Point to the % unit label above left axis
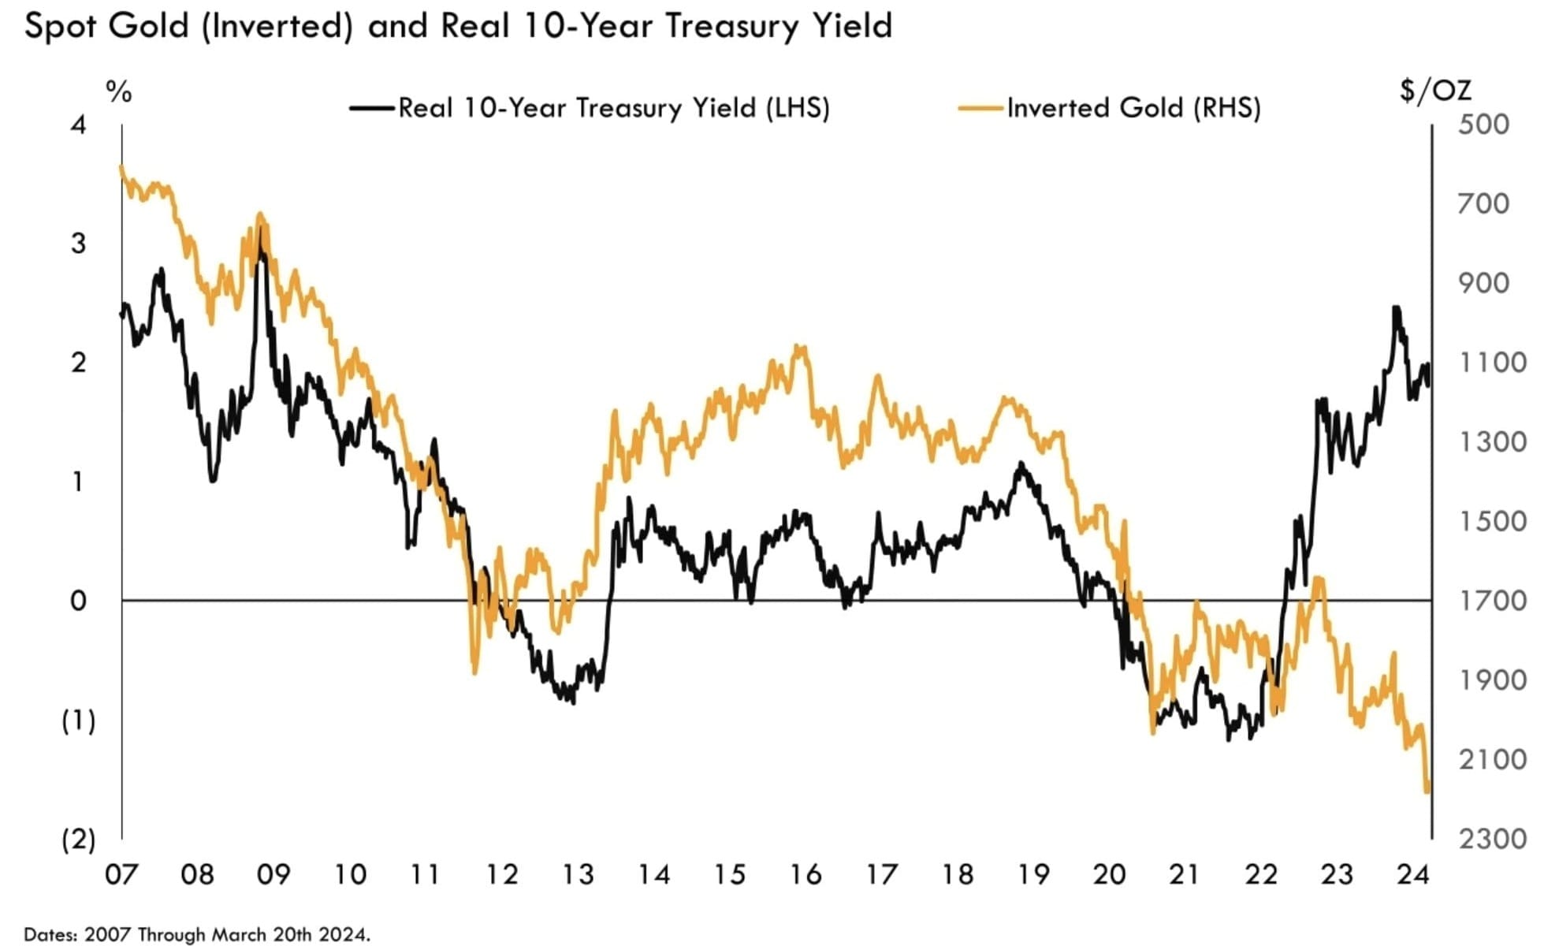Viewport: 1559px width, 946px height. pos(118,92)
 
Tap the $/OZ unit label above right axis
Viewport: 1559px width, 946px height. pos(1435,91)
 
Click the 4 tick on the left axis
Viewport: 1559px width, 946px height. pos(78,125)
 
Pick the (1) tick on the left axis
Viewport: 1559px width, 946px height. pos(78,721)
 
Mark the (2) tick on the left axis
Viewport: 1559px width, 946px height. pos(78,840)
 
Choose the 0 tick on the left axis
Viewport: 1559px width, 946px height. pos(78,601)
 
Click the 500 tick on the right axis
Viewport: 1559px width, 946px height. pos(1483,125)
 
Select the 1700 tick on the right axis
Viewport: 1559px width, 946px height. pos(1493,601)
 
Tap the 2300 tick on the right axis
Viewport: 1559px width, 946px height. pos(1493,839)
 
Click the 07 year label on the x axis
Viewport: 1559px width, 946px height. pos(121,874)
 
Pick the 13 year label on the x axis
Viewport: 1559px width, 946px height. pos(578,874)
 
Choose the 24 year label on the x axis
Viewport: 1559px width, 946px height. pos(1412,874)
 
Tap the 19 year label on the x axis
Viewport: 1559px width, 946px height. pos(1033,874)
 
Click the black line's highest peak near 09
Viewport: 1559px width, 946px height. pos(261,229)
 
